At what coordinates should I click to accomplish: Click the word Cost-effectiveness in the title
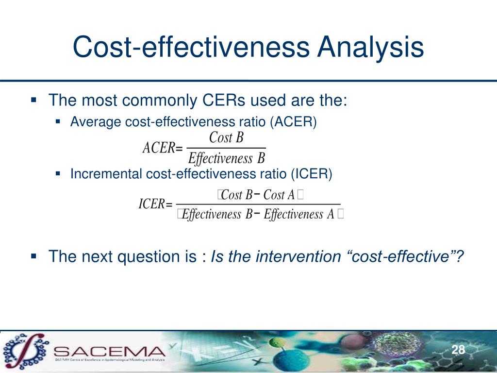tap(191, 49)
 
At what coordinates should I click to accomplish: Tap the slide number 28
tap(458, 350)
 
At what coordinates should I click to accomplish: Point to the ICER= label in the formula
tap(155, 204)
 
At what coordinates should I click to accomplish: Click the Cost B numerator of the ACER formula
tap(226, 138)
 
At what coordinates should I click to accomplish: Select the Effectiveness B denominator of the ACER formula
tap(227, 158)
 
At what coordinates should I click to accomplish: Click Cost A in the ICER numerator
tap(279, 195)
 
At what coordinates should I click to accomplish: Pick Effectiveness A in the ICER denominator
tap(298, 214)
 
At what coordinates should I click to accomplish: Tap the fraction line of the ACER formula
tap(226, 148)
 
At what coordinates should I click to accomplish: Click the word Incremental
tap(106, 174)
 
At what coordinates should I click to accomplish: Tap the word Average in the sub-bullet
tap(96, 121)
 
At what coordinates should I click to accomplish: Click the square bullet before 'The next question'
tap(33, 255)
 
